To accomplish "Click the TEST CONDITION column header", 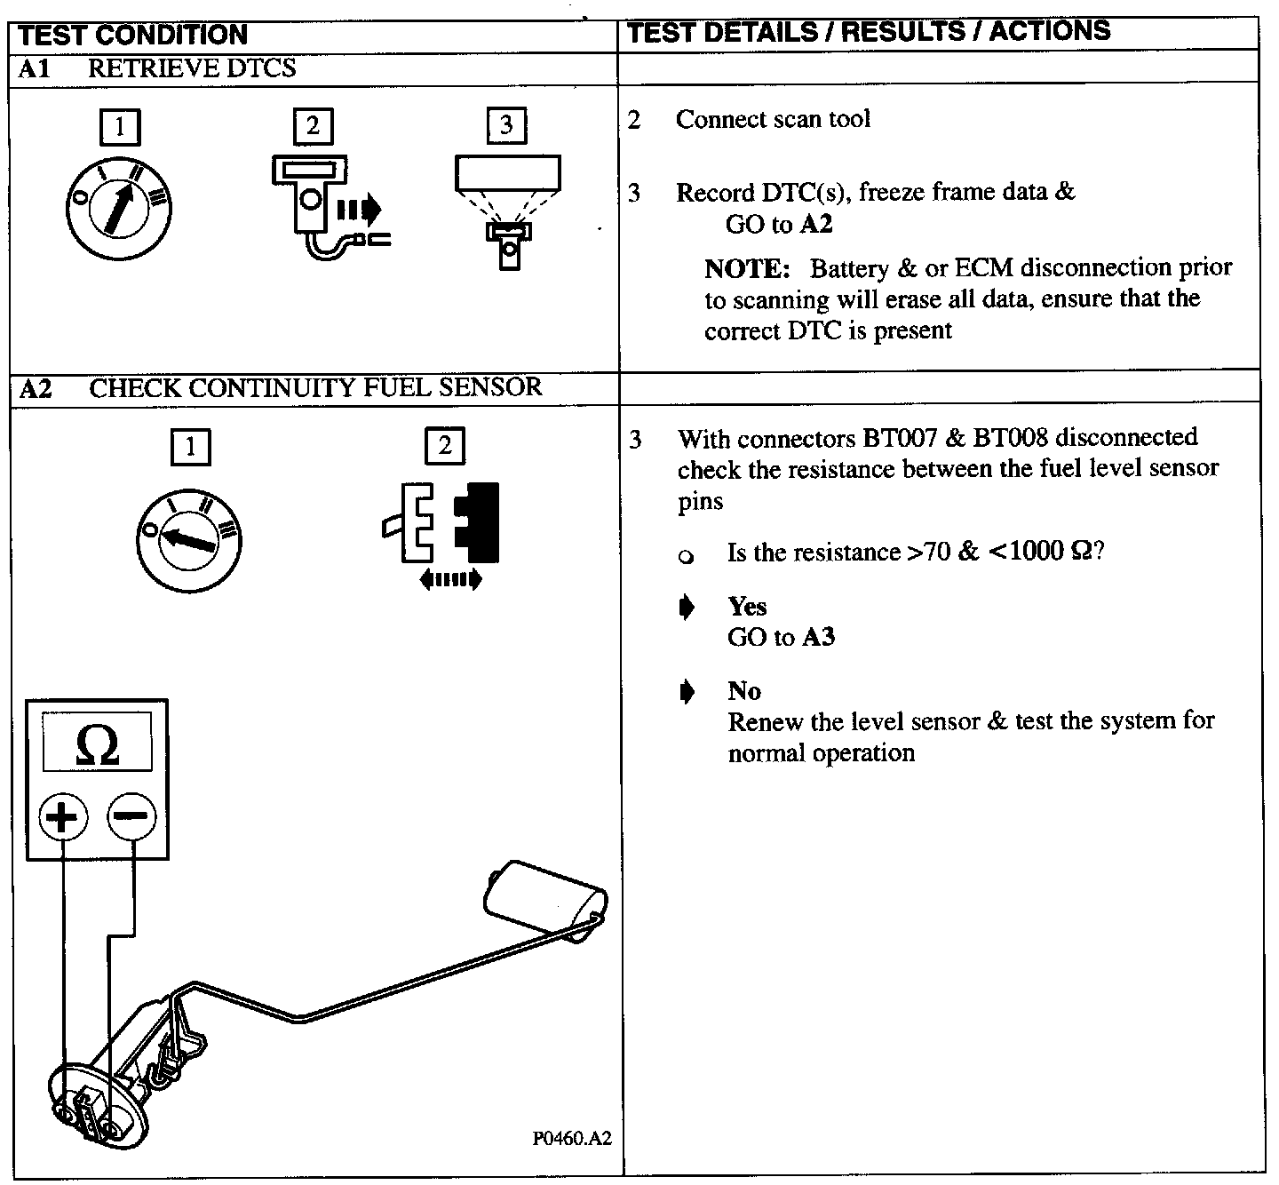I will [x=132, y=35].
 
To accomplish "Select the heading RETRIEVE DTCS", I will [x=192, y=68].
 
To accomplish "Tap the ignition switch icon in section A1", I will [x=118, y=208].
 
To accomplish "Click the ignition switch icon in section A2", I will [x=189, y=539].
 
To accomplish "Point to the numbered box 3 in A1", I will [x=506, y=125].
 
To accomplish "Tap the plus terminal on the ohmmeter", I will [x=62, y=815].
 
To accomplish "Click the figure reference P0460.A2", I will [x=572, y=1140].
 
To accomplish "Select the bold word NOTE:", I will [x=747, y=268].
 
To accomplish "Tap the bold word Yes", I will [x=747, y=606].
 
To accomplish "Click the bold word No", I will [x=744, y=690].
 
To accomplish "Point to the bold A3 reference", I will [x=818, y=637].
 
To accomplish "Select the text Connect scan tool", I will [x=773, y=119].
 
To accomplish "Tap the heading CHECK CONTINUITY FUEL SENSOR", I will [x=315, y=387].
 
